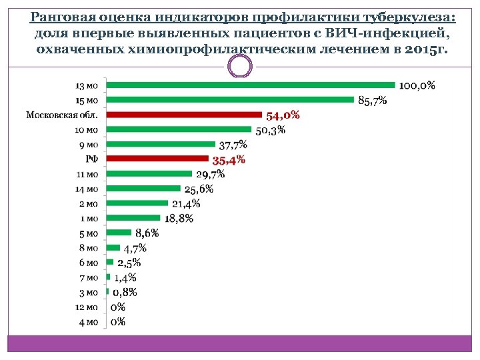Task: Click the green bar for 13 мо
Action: [x=251, y=85]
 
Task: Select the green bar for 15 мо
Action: [x=230, y=100]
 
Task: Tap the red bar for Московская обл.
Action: [x=185, y=115]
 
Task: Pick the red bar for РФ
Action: [x=158, y=159]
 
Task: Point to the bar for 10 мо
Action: [x=179, y=129]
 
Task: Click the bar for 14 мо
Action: [x=143, y=189]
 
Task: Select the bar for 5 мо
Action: [x=119, y=233]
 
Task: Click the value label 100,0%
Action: [x=417, y=85]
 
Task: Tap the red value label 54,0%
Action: [x=283, y=115]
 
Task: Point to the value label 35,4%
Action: [x=229, y=159]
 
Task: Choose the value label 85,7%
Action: [x=372, y=101]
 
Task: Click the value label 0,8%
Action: [x=125, y=292]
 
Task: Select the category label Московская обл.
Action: [x=62, y=115]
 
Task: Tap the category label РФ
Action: [x=92, y=159]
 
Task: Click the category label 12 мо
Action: [x=87, y=307]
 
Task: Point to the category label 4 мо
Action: [x=89, y=321]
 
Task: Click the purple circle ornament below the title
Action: [x=240, y=66]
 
